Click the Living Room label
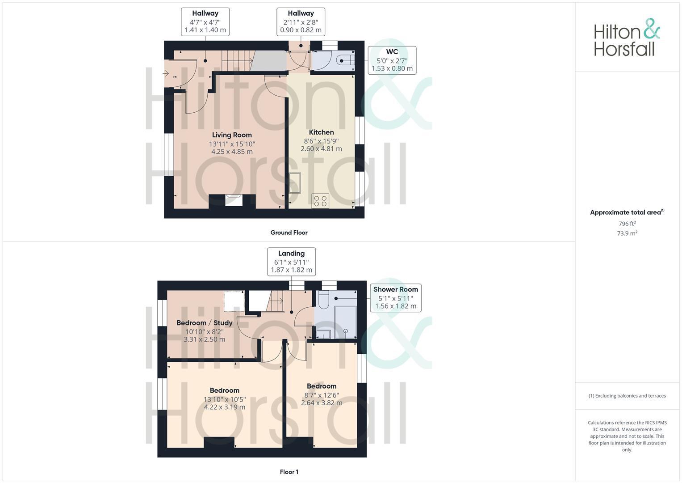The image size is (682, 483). [232, 135]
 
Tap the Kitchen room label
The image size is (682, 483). [321, 132]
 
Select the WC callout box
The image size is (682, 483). [392, 60]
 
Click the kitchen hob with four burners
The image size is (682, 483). [320, 201]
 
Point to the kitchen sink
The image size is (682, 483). [294, 182]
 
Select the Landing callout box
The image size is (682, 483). [291, 262]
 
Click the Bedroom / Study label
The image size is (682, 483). [204, 323]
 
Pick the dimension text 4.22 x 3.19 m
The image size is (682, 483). [224, 407]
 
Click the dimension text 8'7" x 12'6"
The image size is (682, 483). [322, 395]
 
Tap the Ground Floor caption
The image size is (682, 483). [289, 233]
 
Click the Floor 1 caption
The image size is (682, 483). [289, 472]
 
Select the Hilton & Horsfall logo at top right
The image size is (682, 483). [627, 38]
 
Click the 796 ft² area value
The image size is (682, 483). [627, 224]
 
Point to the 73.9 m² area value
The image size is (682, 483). [627, 233]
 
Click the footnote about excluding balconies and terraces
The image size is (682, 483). [627, 396]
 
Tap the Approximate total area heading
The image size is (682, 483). [627, 212]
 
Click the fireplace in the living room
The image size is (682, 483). [234, 200]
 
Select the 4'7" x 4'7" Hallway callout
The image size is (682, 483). [205, 22]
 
